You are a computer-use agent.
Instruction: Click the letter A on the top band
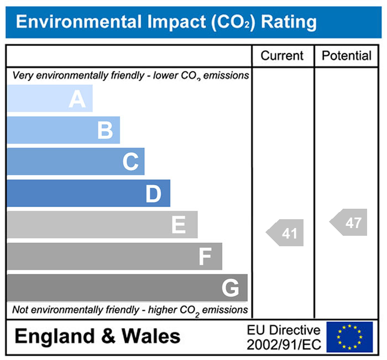click(77, 99)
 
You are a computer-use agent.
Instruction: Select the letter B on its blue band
click(105, 131)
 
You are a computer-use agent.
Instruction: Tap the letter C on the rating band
click(130, 162)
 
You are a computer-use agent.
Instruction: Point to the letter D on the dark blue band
click(153, 194)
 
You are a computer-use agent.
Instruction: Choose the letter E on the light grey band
click(178, 225)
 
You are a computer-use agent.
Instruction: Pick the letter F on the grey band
click(205, 257)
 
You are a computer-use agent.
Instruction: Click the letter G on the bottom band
click(230, 288)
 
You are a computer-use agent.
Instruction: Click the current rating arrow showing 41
click(286, 233)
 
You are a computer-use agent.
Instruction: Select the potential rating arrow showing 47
click(349, 223)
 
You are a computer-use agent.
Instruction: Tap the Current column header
click(282, 55)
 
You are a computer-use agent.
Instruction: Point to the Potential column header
click(347, 55)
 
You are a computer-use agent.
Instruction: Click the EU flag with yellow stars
click(349, 337)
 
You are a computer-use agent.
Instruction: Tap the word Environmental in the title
click(79, 22)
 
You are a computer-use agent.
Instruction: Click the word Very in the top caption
click(23, 75)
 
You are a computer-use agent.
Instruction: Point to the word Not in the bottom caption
click(21, 310)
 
